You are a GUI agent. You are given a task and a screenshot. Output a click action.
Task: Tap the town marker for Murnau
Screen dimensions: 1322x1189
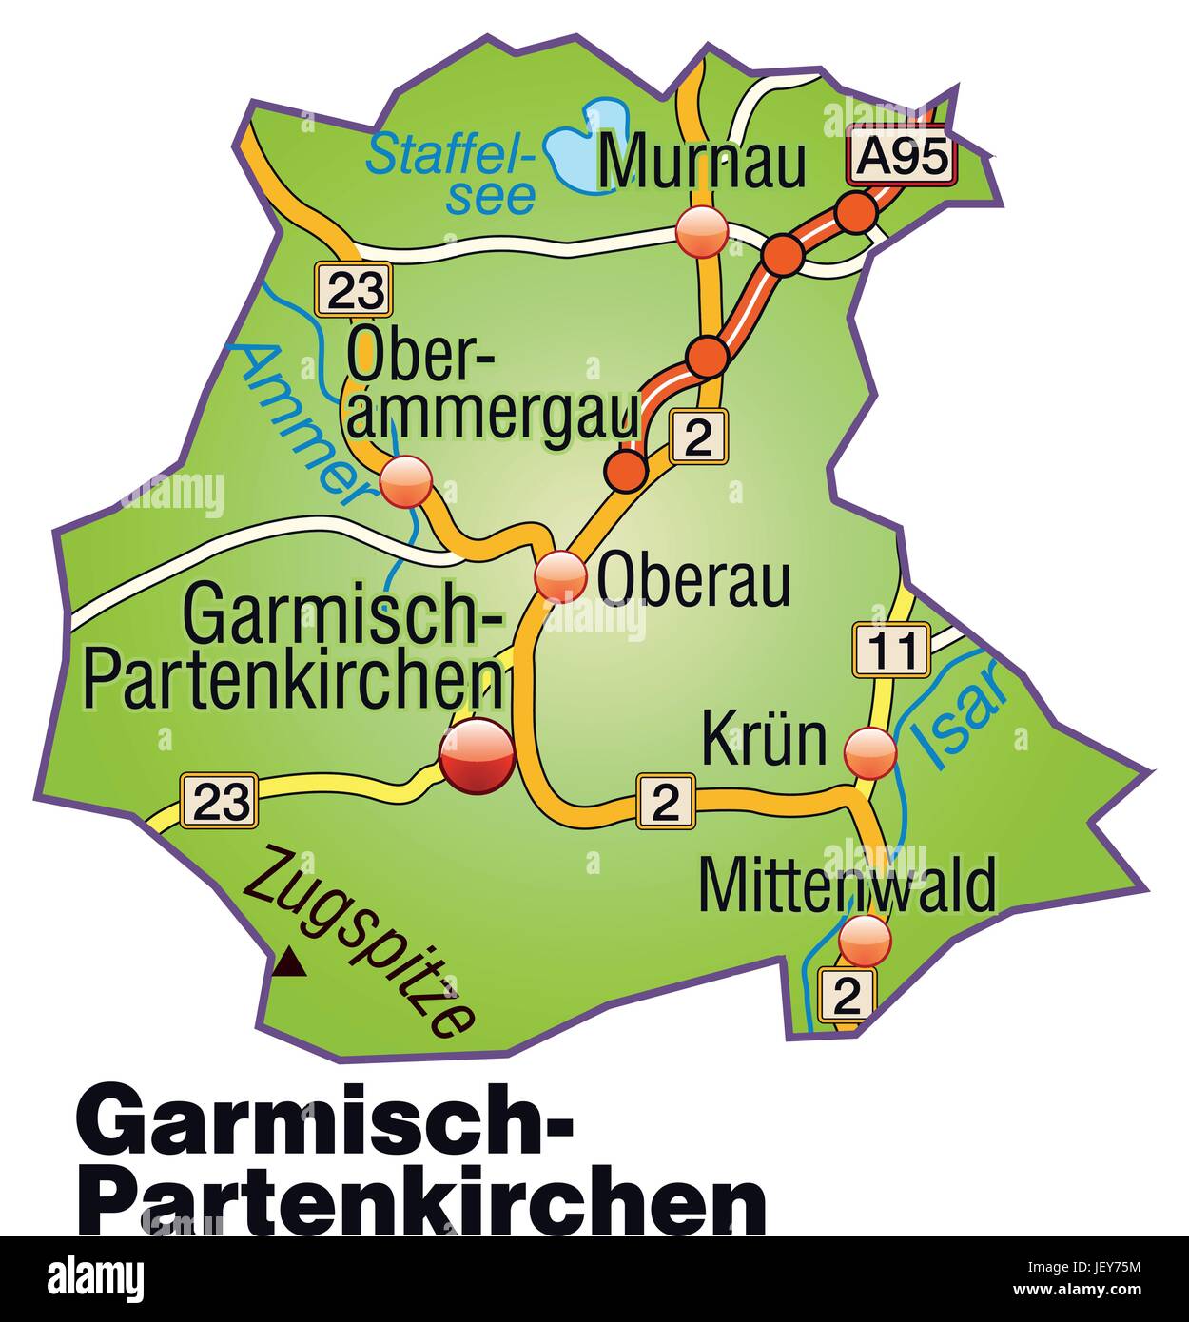point(702,231)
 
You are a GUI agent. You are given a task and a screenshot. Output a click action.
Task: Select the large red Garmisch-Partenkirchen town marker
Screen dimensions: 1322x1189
point(478,756)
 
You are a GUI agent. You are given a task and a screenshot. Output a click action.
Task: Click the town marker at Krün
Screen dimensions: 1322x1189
point(870,752)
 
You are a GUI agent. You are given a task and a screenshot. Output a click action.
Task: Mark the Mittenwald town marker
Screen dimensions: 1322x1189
point(866,939)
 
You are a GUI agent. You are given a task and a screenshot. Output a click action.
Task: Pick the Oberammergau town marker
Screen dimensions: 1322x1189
point(406,481)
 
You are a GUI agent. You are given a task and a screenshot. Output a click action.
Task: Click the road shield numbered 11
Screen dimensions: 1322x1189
point(890,651)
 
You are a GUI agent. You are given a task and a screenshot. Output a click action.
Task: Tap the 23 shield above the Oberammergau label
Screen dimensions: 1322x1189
point(353,288)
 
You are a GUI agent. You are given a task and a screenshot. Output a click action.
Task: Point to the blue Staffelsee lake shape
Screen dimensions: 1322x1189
point(585,143)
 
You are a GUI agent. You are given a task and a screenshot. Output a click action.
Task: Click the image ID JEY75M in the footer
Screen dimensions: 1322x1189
point(1116,1266)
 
